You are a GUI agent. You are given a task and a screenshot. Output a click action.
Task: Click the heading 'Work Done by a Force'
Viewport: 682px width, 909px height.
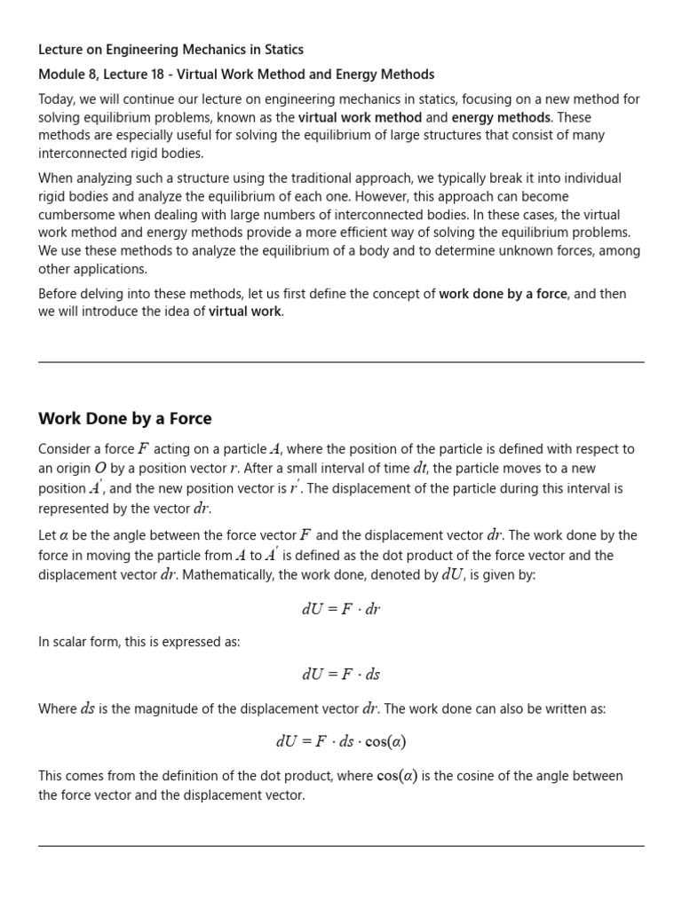coord(125,418)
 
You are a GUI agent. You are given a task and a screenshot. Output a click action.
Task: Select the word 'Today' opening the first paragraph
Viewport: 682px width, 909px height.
coord(55,99)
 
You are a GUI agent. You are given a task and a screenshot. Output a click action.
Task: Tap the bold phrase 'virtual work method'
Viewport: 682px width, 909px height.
coord(360,117)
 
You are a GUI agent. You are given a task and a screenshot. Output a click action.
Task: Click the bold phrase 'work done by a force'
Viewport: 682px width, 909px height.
coord(503,294)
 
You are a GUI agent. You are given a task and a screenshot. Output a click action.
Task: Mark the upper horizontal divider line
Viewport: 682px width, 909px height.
coord(341,361)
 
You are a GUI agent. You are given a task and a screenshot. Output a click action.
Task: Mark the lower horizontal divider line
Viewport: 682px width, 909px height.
coord(341,846)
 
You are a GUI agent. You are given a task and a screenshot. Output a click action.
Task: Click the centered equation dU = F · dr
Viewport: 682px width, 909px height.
coord(341,610)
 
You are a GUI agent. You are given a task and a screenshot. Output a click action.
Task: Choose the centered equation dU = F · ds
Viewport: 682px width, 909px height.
coord(341,675)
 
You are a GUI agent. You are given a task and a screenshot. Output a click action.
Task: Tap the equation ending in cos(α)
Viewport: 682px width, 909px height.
coord(341,741)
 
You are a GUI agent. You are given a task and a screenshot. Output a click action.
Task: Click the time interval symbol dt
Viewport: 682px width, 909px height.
coord(421,469)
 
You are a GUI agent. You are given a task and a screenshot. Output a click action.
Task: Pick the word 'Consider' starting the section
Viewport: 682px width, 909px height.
coord(65,449)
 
